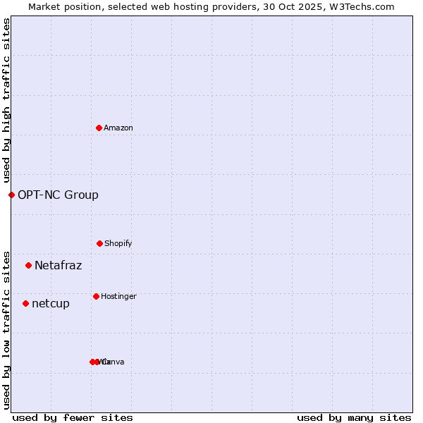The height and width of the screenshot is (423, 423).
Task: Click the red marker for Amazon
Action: pos(99,128)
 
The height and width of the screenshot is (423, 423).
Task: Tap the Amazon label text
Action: pos(118,128)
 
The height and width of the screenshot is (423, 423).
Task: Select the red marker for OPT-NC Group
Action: pos(11,195)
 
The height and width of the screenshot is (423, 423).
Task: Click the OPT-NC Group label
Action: pos(58,195)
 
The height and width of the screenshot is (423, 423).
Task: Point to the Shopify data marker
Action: pos(99,243)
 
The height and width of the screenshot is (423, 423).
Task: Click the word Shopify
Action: pos(118,243)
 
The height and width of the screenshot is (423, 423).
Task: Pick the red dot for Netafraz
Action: pos(28,265)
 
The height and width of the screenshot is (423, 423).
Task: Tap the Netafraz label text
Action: pos(58,265)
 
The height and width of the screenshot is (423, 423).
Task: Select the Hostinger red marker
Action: pos(96,296)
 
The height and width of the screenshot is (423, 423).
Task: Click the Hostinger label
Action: pos(118,296)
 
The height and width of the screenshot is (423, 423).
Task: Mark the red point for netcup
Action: pos(25,303)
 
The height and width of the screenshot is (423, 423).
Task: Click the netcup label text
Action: pos(51,303)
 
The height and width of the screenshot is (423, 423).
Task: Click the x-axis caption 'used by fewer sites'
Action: pos(73,417)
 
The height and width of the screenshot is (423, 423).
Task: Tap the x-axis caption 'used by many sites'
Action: pos(354,417)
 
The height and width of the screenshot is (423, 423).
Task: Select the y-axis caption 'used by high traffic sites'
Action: pos(7,100)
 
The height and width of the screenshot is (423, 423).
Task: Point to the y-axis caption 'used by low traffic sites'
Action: pos(7,329)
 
